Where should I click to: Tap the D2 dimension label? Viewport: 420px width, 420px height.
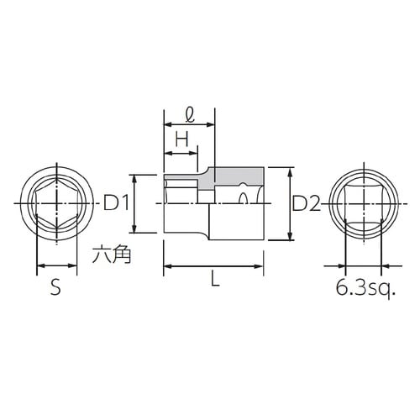point(307,202)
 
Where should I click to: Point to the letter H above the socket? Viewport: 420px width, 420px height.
point(180,140)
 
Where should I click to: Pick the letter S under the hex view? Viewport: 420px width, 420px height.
point(55,288)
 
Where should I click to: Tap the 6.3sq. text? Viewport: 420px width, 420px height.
point(365,288)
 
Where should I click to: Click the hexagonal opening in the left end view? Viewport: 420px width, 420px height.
point(55,204)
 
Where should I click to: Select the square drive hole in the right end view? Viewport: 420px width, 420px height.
point(363,204)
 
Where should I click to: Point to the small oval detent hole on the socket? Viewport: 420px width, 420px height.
point(243,200)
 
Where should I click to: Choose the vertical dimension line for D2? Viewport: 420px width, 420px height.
point(290,204)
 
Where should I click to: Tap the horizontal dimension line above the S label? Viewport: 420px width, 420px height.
point(55,269)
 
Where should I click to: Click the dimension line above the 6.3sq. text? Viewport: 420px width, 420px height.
point(363,269)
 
